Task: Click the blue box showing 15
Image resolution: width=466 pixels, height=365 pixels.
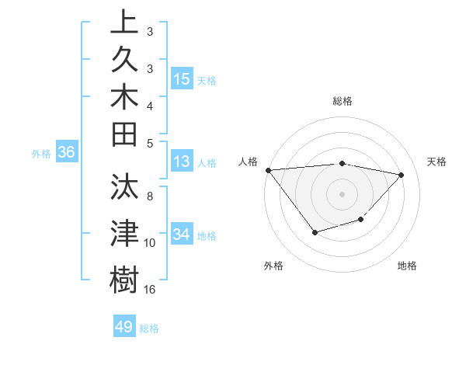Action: [182, 78]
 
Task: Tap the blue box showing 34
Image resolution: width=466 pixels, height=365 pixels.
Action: [182, 234]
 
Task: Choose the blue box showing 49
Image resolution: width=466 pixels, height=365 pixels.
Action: [124, 327]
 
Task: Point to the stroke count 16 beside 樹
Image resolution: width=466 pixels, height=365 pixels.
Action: [150, 290]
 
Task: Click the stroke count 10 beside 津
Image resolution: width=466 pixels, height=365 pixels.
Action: [150, 243]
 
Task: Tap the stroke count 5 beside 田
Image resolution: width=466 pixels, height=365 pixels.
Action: [150, 142]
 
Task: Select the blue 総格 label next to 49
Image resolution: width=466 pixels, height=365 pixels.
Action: [150, 328]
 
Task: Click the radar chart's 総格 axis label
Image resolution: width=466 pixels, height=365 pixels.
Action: [343, 101]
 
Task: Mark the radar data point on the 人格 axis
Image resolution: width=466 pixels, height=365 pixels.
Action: [269, 169]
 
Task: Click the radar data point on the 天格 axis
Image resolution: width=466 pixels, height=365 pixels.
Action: [402, 175]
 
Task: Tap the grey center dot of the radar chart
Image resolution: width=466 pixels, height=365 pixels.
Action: [342, 194]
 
